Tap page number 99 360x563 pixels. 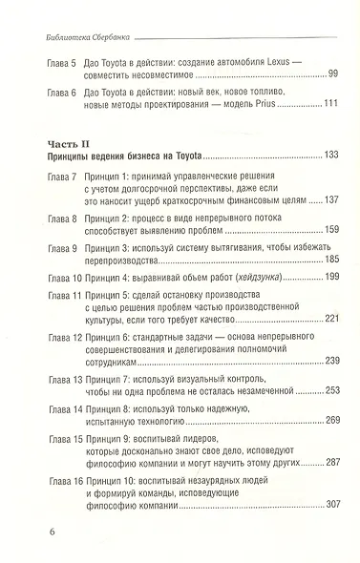pos(333,74)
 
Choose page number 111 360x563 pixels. pos(330,104)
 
